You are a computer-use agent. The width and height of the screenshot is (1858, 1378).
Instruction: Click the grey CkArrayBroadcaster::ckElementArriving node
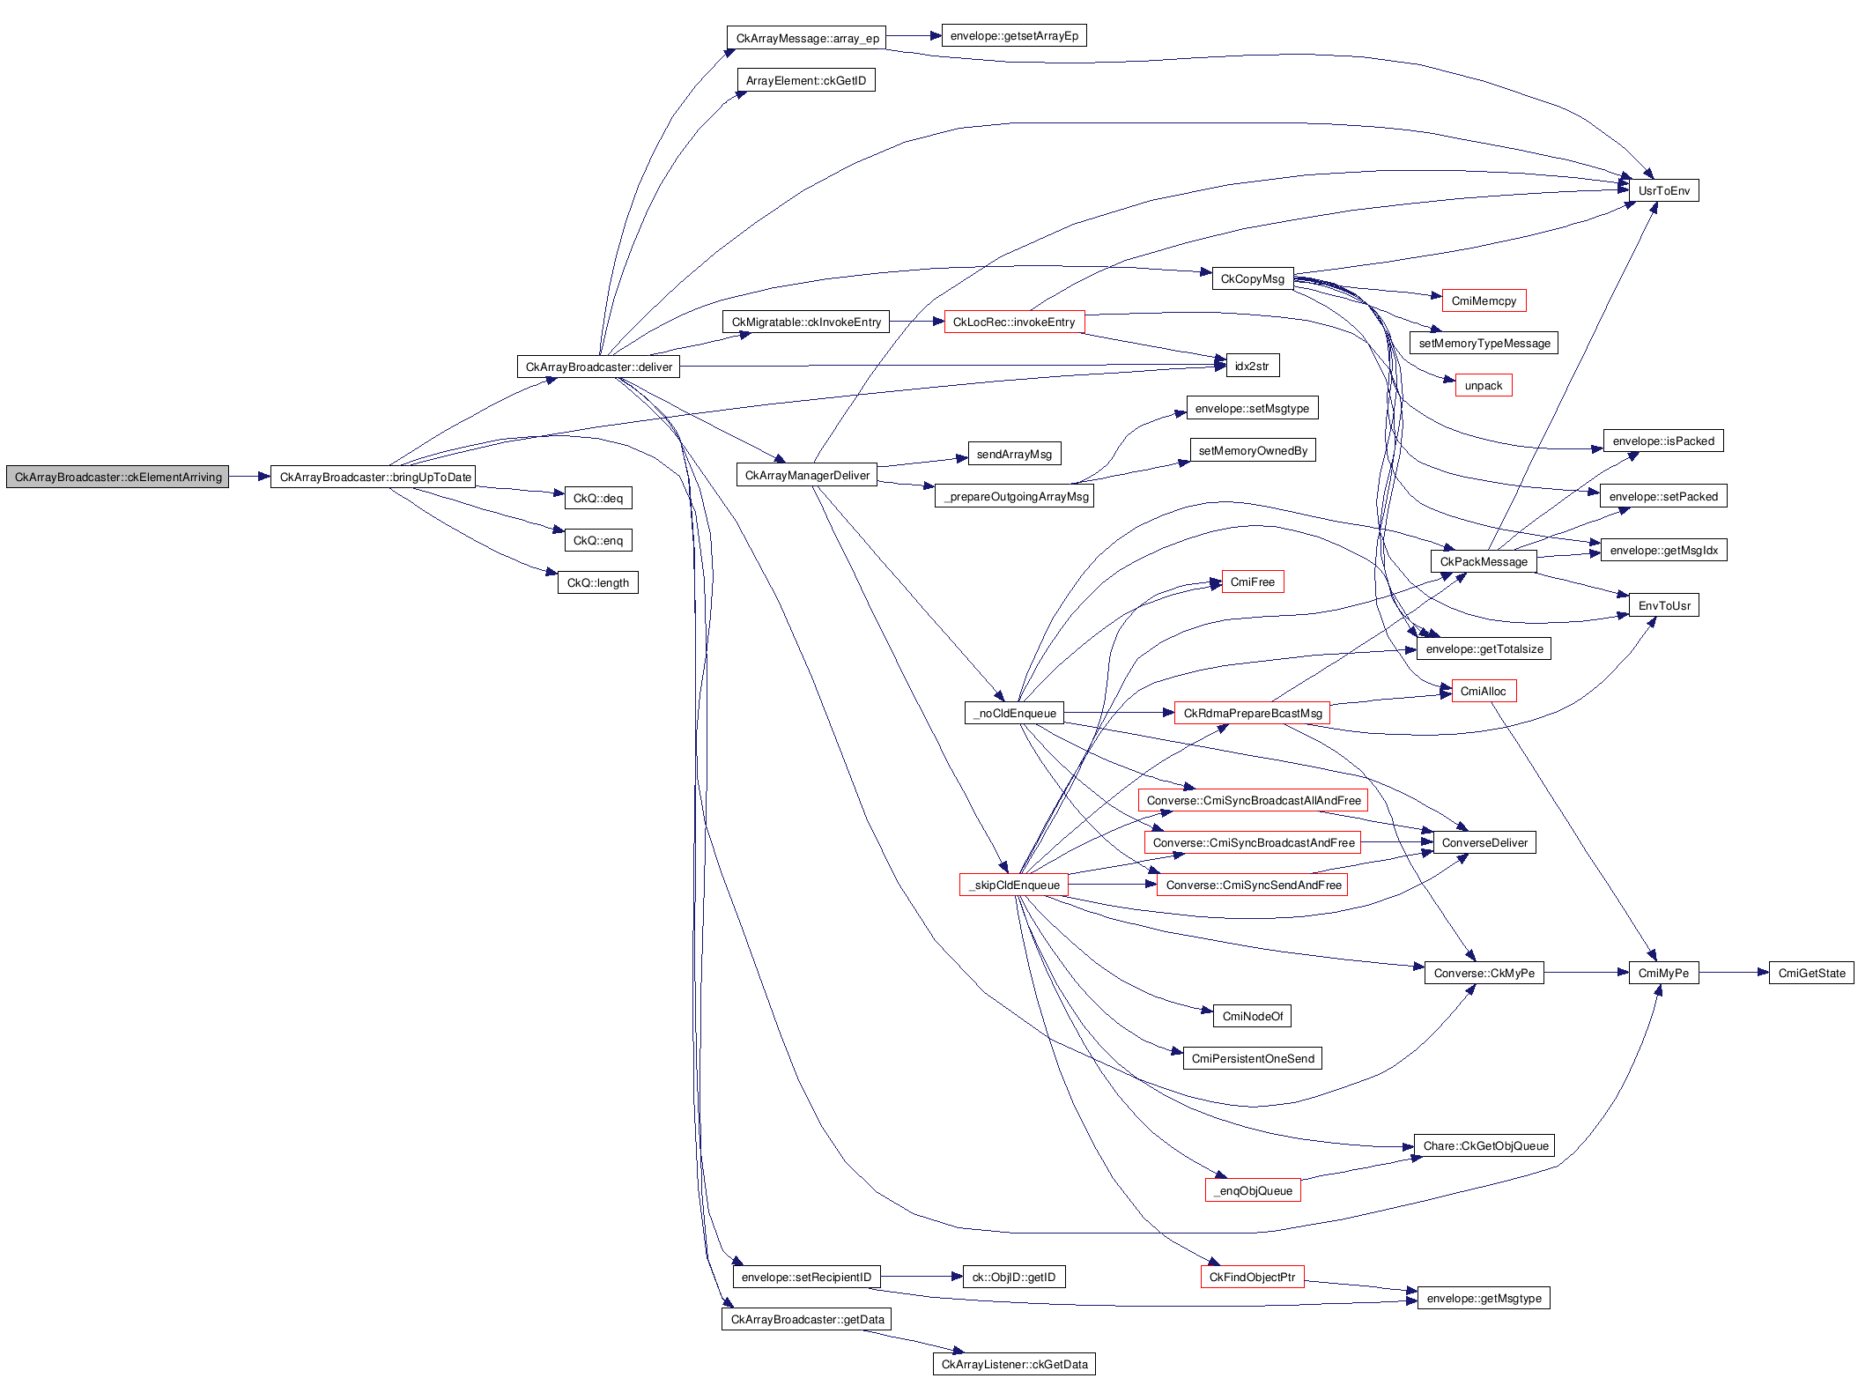tap(117, 477)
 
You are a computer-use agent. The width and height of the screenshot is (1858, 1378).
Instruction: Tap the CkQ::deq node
tap(597, 498)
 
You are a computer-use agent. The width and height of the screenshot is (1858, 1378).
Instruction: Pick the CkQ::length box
tap(597, 582)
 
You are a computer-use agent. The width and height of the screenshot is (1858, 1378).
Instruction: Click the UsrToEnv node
tap(1663, 190)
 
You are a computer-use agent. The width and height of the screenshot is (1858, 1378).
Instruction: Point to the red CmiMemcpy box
tap(1484, 300)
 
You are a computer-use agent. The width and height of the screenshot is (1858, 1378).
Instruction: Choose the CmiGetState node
tap(1810, 973)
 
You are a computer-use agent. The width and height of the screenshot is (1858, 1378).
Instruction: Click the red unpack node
tap(1484, 385)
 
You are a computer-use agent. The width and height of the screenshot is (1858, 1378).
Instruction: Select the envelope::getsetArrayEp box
tap(1014, 35)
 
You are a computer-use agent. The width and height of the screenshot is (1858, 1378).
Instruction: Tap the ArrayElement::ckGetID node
tap(805, 80)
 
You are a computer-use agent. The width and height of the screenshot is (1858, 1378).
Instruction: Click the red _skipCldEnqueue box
tap(1013, 885)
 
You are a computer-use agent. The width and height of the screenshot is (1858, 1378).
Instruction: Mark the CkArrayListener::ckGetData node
tap(1013, 1364)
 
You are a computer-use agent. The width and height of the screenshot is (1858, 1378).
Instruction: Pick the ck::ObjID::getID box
tap(1013, 1277)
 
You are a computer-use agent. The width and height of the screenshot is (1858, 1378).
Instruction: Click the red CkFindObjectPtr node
tap(1251, 1277)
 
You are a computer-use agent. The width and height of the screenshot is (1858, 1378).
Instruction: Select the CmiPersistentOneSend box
tap(1252, 1058)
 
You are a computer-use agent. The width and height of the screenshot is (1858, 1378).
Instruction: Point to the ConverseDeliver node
tap(1484, 842)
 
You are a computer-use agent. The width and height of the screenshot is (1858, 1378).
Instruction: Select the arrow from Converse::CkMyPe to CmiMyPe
tap(1586, 973)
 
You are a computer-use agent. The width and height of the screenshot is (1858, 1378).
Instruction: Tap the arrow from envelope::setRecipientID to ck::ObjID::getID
tap(921, 1277)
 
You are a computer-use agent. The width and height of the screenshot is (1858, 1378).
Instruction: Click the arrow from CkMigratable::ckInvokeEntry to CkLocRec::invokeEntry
tap(916, 322)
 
